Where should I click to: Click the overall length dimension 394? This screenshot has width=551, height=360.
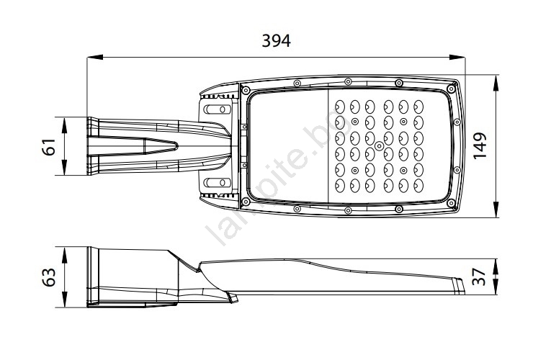pyautogui.click(x=276, y=41)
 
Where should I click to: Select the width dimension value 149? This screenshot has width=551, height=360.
pyautogui.click(x=480, y=145)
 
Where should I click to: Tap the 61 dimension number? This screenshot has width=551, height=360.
pyautogui.click(x=49, y=147)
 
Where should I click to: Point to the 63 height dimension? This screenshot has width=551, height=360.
pyautogui.click(x=49, y=277)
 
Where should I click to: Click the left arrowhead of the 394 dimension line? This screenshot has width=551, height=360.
pyautogui.click(x=95, y=58)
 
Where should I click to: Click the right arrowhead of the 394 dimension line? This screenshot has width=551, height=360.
pyautogui.click(x=457, y=58)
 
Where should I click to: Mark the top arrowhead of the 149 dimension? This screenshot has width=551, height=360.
pyautogui.click(x=496, y=83)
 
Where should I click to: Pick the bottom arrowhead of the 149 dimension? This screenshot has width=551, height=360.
pyautogui.click(x=496, y=210)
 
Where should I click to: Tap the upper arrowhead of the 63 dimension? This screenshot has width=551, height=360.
pyautogui.click(x=64, y=255)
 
